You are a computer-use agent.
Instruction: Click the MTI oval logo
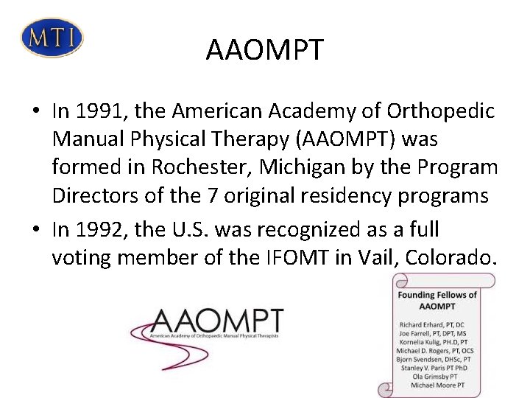(52, 37)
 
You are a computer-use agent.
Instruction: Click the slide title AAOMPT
(264, 50)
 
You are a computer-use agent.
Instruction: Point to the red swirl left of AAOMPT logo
(144, 332)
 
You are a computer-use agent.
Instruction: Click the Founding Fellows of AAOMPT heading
(437, 300)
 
